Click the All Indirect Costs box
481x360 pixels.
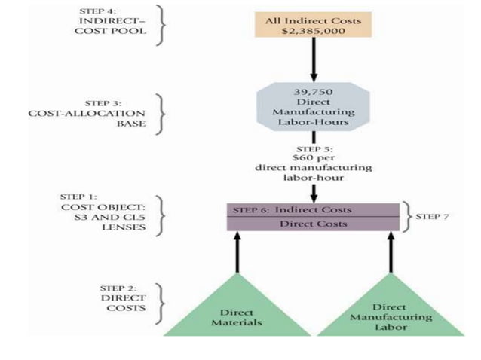pos(313,26)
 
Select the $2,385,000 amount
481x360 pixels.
pos(313,32)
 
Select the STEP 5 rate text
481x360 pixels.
pos(313,163)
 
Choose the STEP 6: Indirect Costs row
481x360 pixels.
pos(313,209)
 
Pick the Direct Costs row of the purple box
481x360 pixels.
pos(313,224)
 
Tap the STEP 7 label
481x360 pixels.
pos(432,216)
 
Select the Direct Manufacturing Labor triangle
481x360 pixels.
pos(391,309)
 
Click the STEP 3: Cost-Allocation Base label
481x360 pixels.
pos(109,112)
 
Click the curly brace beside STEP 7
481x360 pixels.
pos(406,216)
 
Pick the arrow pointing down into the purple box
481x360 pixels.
pos(313,192)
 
